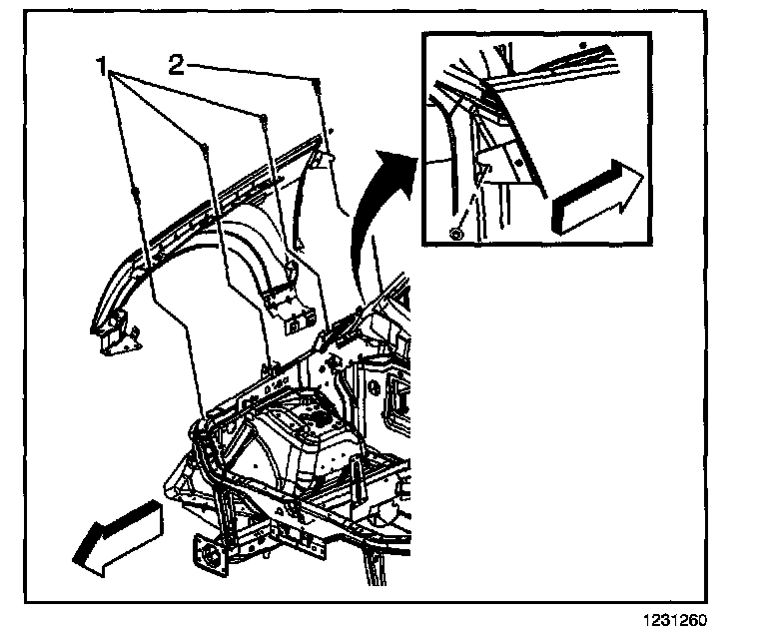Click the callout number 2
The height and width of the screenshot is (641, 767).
(x=177, y=66)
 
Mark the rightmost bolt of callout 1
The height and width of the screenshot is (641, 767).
(x=264, y=118)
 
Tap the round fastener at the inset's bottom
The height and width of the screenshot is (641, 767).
(x=456, y=234)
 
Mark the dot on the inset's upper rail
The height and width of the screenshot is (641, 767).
(x=583, y=46)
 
